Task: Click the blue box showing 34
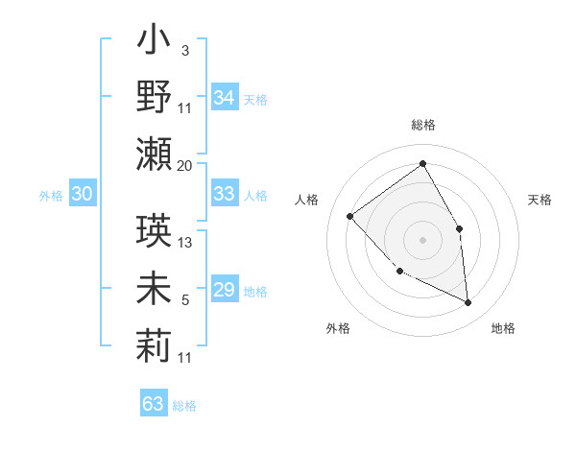point(225,97)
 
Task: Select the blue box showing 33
point(225,194)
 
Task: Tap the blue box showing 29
point(225,290)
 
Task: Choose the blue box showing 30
point(83,194)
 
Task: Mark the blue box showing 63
point(154,404)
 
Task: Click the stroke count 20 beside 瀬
point(185,165)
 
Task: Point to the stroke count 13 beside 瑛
point(186,243)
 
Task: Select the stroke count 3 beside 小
point(184,51)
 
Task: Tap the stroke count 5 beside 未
point(185,300)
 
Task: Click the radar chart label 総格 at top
point(423,125)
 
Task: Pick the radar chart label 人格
point(307,200)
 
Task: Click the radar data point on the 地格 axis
point(468,303)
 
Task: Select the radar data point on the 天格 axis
point(459,228)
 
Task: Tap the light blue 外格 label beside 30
point(51,195)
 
